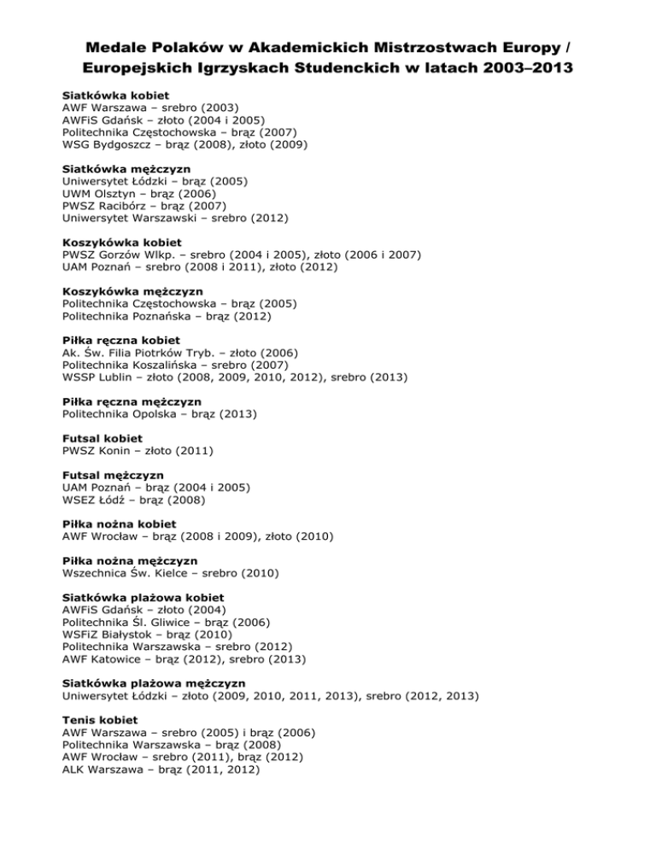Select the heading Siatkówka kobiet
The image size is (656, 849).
115,95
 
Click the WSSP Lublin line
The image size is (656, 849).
235,377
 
